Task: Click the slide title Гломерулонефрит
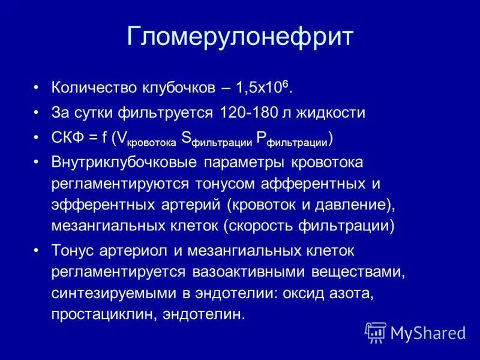240,37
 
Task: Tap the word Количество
89,88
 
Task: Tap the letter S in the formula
186,137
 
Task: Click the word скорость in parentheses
265,226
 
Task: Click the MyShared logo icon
376,332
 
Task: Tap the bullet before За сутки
37,113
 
